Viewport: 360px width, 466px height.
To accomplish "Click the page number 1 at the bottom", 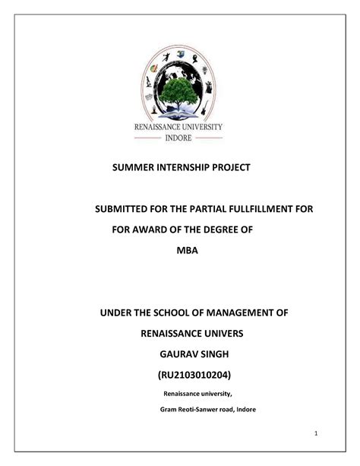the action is pos(314,433).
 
